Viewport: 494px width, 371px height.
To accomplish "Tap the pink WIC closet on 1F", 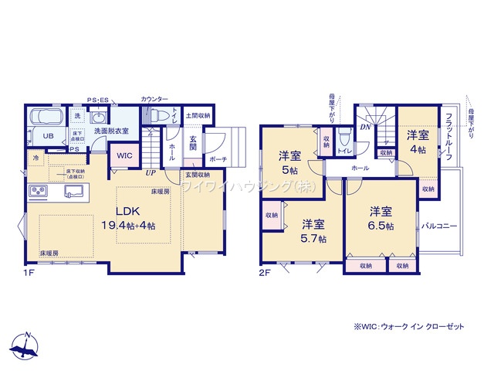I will pyautogui.click(x=124, y=155).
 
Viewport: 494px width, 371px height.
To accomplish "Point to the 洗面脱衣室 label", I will pyautogui.click(x=112, y=132).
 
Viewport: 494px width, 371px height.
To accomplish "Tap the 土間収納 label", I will pyautogui.click(x=198, y=115).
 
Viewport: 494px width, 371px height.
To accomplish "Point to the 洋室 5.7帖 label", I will pyautogui.click(x=312, y=230).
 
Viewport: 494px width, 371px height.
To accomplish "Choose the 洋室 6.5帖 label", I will pyautogui.click(x=380, y=217).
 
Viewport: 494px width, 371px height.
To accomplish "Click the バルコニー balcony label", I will pyautogui.click(x=441, y=226).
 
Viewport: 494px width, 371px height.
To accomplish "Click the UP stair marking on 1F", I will pyautogui.click(x=154, y=173).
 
